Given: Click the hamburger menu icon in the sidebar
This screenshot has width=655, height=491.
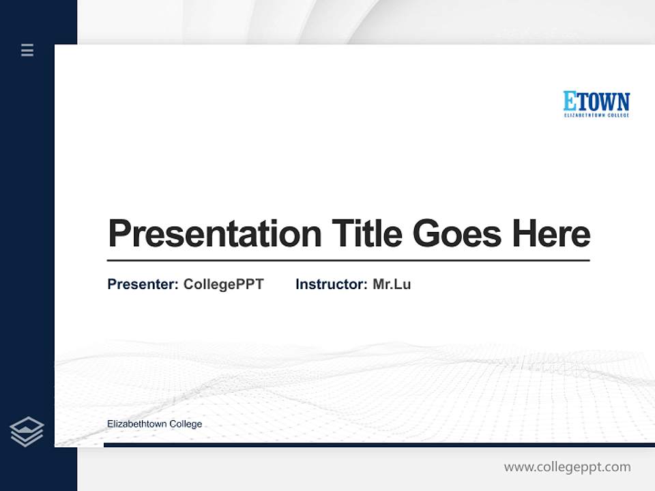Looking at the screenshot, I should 27,50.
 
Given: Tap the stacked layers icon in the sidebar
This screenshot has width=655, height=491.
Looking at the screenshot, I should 27,432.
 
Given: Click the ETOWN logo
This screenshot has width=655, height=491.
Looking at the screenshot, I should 596,104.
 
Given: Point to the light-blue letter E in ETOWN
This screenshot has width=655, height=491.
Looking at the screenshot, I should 570,101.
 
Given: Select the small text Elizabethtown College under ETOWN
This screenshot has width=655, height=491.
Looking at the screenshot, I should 596,115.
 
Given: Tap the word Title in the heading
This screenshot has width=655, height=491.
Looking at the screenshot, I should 366,234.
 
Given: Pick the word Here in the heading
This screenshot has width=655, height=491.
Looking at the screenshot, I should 551,234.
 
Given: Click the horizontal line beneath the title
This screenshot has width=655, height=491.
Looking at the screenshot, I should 348,260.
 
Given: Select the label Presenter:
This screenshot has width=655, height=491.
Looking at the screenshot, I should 143,284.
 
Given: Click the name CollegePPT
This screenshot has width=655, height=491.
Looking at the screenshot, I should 223,284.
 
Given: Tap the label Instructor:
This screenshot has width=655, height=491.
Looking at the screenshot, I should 331,284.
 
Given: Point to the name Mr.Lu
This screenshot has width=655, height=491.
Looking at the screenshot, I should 392,284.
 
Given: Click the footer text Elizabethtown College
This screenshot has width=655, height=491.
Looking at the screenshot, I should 154,424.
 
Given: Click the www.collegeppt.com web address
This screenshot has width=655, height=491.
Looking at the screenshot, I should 567,467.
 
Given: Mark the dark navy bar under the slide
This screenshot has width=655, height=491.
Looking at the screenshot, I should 379,445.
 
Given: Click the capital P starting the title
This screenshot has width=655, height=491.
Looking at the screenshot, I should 119,234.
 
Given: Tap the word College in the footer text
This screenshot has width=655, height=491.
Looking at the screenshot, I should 186,424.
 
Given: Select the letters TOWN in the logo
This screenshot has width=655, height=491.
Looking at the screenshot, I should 604,101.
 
